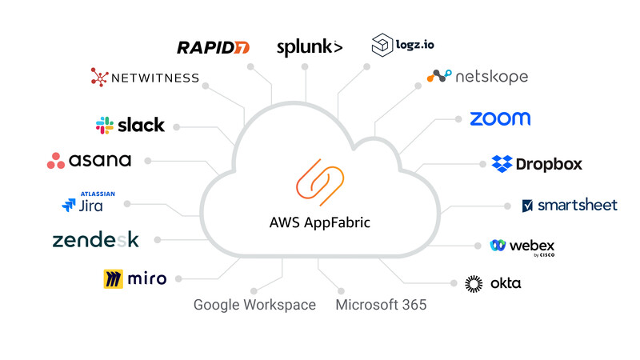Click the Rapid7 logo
click(x=213, y=48)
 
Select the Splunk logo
click(x=309, y=47)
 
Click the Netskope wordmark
click(x=491, y=77)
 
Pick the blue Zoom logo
click(x=500, y=119)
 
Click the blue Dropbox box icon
click(x=502, y=164)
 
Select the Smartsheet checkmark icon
click(x=527, y=206)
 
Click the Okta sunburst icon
click(x=474, y=283)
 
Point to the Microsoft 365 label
click(x=382, y=305)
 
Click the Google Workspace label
click(x=254, y=305)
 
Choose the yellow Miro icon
click(x=113, y=279)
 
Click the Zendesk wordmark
click(x=95, y=240)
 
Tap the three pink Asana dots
click(x=56, y=161)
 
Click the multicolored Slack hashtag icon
click(x=104, y=125)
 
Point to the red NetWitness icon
click(x=99, y=78)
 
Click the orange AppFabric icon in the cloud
click(x=319, y=181)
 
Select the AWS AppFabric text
click(x=319, y=222)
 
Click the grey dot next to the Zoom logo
click(x=458, y=119)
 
